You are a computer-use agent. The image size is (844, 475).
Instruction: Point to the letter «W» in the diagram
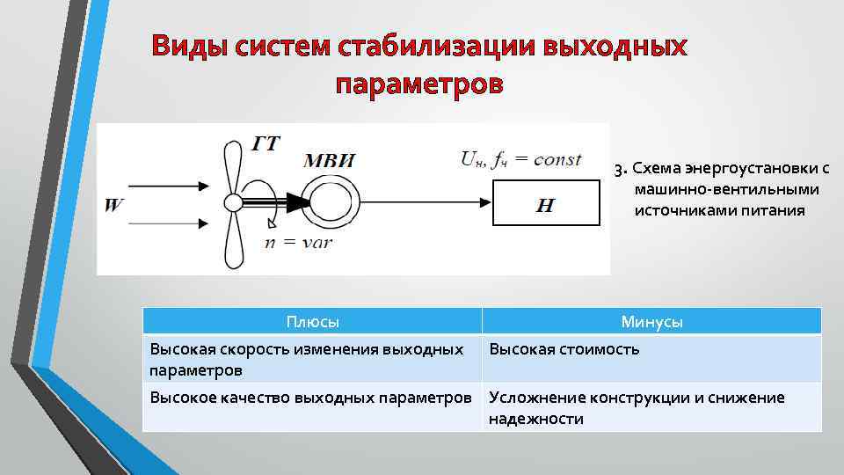click(114, 206)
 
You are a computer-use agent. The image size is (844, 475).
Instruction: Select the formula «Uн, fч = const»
click(520, 159)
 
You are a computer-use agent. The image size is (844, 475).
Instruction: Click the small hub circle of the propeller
click(233, 202)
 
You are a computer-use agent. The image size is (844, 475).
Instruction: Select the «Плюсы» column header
click(312, 322)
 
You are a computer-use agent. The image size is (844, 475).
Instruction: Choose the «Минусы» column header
click(651, 322)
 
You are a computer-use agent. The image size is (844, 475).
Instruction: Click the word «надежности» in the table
click(535, 419)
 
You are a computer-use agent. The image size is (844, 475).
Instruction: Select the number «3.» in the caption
click(620, 168)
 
